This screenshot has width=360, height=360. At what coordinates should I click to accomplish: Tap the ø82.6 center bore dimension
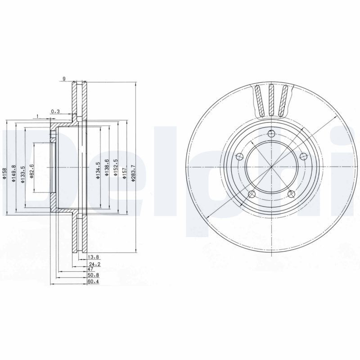pyautogui.click(x=31, y=172)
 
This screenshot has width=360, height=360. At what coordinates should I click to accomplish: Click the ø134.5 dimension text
pyautogui.click(x=97, y=170)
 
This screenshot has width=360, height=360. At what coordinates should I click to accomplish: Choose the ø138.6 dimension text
pyautogui.click(x=107, y=168)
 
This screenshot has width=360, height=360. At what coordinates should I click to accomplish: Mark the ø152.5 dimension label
pyautogui.click(x=116, y=168)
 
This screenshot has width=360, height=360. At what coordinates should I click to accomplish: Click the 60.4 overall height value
pyautogui.click(x=93, y=281)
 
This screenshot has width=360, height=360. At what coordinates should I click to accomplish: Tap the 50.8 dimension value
pyautogui.click(x=93, y=274)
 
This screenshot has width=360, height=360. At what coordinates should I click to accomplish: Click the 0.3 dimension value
pyautogui.click(x=55, y=111)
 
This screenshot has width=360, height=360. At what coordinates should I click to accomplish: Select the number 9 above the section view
pyautogui.click(x=64, y=79)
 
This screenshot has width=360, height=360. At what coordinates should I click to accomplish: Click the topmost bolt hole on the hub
pyautogui.click(x=270, y=133)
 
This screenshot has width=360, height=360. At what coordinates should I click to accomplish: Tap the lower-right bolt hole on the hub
pyautogui.click(x=291, y=193)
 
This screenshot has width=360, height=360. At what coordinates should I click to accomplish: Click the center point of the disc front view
pyautogui.click(x=271, y=167)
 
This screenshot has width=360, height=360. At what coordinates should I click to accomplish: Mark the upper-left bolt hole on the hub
pyautogui.click(x=239, y=156)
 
